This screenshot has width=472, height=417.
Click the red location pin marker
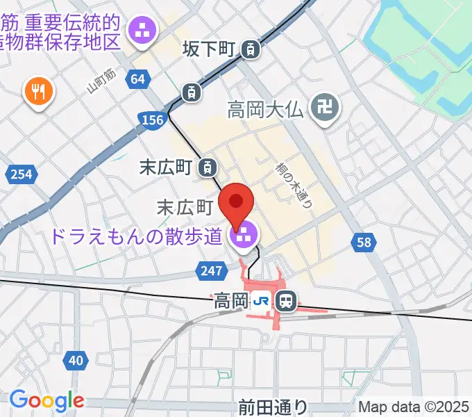tap(237, 203)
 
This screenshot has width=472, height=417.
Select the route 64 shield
tap(138, 79)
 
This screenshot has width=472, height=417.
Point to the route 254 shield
tap(21, 174)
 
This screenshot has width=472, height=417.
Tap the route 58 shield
tap(365, 241)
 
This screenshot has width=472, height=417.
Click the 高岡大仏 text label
tap(268, 109)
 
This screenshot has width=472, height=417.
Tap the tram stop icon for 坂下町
tap(251, 49)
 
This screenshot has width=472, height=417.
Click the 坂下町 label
tap(210, 49)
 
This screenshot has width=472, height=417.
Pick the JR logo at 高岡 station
tap(261, 301)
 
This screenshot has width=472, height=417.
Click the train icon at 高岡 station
tap(285, 301)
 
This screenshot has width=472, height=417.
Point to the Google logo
tap(47, 400)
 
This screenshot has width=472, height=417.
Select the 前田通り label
tap(271, 407)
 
